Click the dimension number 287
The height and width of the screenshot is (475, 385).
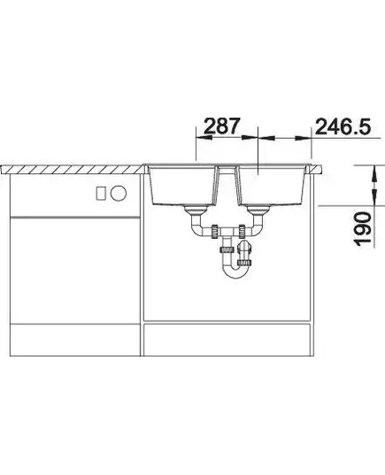222,126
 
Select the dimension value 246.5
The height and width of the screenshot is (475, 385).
343,126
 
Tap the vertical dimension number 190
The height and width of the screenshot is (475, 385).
363,229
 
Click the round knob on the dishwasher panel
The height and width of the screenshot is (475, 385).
119,193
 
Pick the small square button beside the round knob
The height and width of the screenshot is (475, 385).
101,193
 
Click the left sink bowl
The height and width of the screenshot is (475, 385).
183,186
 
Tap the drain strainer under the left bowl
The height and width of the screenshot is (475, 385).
196,210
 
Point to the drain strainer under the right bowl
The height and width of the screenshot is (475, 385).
258,210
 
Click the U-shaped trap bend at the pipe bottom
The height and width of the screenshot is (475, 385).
235,272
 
